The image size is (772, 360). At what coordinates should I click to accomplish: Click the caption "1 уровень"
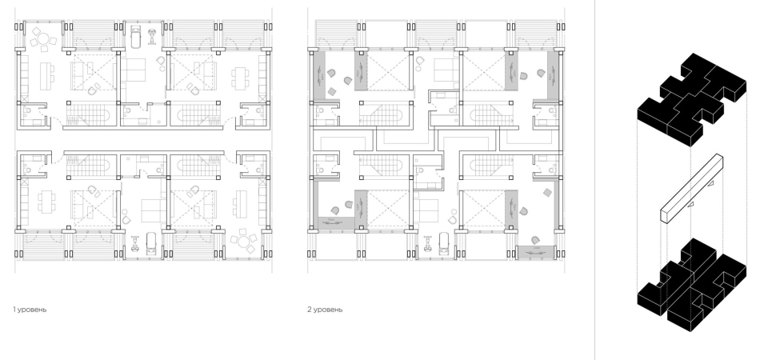30,310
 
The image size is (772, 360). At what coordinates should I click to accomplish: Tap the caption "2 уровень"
325,310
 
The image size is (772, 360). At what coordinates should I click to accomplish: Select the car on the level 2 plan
444,242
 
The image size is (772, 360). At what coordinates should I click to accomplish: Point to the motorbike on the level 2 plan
427,242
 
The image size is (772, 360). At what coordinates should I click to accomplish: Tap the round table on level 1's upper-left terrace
43,38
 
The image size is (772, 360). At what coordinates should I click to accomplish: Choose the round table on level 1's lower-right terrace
243,241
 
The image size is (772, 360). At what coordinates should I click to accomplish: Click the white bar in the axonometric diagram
691,189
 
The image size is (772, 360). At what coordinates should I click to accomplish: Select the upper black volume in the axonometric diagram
691,99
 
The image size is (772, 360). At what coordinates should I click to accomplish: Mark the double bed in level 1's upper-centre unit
134,70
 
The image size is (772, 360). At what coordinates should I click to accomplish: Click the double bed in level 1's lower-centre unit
154,210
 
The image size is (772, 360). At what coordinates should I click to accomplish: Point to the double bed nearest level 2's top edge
446,70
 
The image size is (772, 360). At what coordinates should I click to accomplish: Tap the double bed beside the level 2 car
426,210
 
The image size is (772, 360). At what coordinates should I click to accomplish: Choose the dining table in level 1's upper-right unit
239,78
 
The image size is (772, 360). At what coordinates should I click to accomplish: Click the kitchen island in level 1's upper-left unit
46,76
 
